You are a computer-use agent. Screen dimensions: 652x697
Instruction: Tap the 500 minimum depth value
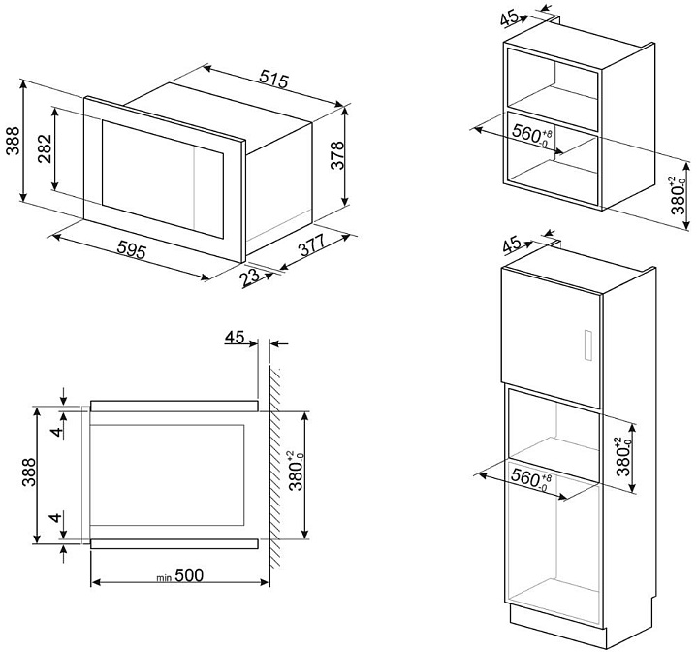coord(190,577)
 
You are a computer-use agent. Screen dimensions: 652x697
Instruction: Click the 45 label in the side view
coord(237,338)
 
